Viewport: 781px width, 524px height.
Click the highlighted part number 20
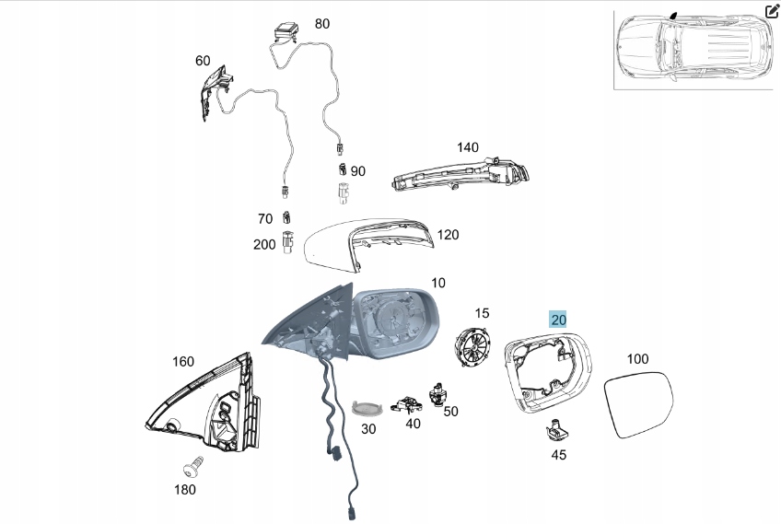click(x=558, y=320)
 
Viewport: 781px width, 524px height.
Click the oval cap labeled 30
click(x=367, y=409)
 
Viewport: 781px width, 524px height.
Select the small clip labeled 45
click(x=557, y=428)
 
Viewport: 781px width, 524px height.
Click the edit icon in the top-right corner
click(x=772, y=12)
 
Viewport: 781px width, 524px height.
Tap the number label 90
click(x=357, y=171)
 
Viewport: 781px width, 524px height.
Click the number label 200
click(x=264, y=244)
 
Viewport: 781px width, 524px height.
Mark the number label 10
click(x=437, y=283)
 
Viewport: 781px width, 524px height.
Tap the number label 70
click(x=265, y=219)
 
